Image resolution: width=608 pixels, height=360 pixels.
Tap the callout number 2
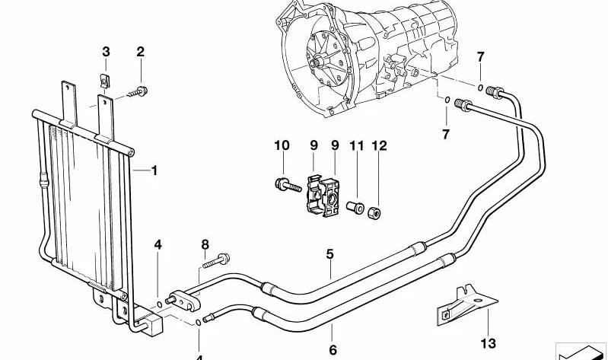tap(140, 52)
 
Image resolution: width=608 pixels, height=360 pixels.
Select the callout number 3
tap(106, 52)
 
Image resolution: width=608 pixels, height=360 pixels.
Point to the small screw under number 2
tap(138, 92)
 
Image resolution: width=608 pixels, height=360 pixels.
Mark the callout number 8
tap(204, 244)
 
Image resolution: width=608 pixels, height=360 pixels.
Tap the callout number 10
tap(282, 145)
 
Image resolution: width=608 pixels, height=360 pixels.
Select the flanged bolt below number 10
tap(284, 184)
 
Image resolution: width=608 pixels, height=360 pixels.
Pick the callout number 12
tap(378, 145)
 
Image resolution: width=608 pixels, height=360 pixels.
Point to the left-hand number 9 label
tap(313, 145)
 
